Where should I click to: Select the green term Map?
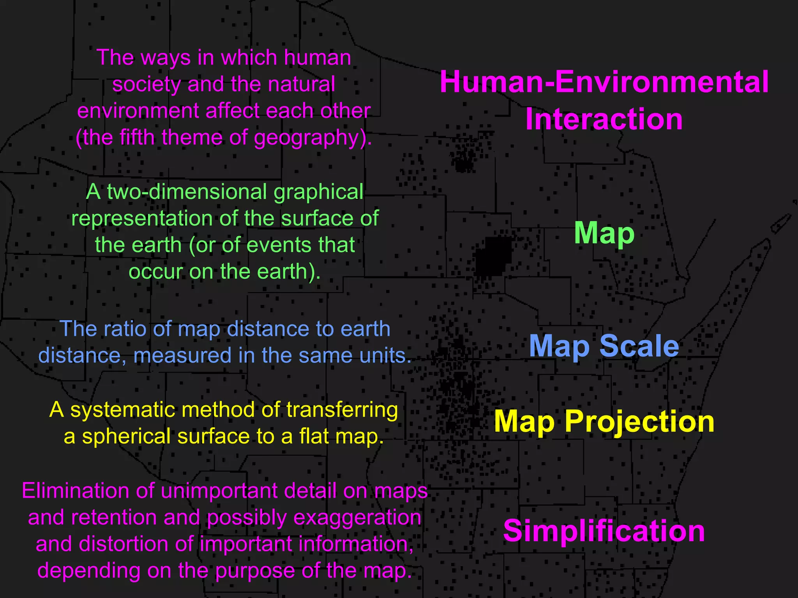click(x=604, y=233)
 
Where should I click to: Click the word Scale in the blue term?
click(x=639, y=346)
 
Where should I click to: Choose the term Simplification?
click(x=604, y=531)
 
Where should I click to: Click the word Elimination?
click(x=75, y=491)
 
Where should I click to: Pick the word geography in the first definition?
click(x=305, y=138)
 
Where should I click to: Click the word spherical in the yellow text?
click(x=127, y=436)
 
